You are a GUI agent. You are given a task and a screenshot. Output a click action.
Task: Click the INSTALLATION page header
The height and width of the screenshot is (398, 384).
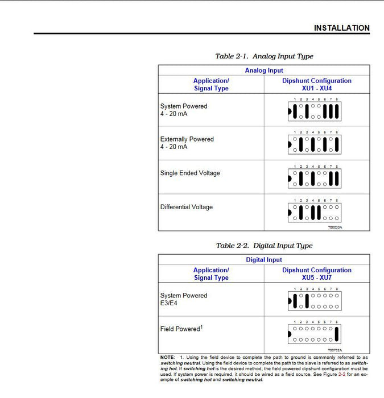(x=341, y=28)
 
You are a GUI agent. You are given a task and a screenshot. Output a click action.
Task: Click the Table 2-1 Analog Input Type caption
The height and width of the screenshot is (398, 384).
(x=264, y=56)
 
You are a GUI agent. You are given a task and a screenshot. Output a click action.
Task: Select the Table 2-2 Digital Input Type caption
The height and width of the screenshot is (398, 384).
(x=264, y=246)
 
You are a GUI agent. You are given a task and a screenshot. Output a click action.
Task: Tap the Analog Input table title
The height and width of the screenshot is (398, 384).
(x=264, y=71)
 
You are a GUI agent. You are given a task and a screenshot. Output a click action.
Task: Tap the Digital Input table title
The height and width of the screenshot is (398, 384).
(x=264, y=260)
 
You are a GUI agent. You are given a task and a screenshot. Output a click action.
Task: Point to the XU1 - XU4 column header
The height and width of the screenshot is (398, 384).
(x=316, y=89)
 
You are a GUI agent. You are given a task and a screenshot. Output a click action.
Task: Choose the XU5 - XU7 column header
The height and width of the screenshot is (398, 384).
(x=316, y=277)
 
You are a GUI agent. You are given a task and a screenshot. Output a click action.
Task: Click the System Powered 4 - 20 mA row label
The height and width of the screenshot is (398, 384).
(x=183, y=110)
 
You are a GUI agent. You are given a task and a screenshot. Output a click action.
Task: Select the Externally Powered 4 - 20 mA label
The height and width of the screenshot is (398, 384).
(x=187, y=143)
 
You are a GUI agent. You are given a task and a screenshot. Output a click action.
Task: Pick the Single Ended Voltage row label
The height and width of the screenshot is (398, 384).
(x=190, y=173)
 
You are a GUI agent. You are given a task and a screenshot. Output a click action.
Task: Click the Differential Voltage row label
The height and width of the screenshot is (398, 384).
(x=186, y=208)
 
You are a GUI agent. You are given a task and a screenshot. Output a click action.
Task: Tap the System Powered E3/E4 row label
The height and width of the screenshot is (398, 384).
(x=183, y=300)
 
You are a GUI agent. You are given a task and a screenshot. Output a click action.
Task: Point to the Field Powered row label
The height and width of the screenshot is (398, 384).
(x=181, y=329)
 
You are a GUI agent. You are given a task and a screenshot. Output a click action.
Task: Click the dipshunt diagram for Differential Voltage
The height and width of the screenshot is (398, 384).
(x=315, y=212)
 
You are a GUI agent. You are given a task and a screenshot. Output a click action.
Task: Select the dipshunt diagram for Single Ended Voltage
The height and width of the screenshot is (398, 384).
(x=315, y=179)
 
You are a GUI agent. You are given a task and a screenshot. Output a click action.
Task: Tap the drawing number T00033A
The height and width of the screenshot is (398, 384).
(x=335, y=227)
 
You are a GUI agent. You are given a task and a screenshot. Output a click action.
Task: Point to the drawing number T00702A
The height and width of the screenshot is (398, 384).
(x=335, y=350)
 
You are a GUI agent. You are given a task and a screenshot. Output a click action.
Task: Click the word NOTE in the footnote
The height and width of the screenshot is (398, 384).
(x=167, y=358)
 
